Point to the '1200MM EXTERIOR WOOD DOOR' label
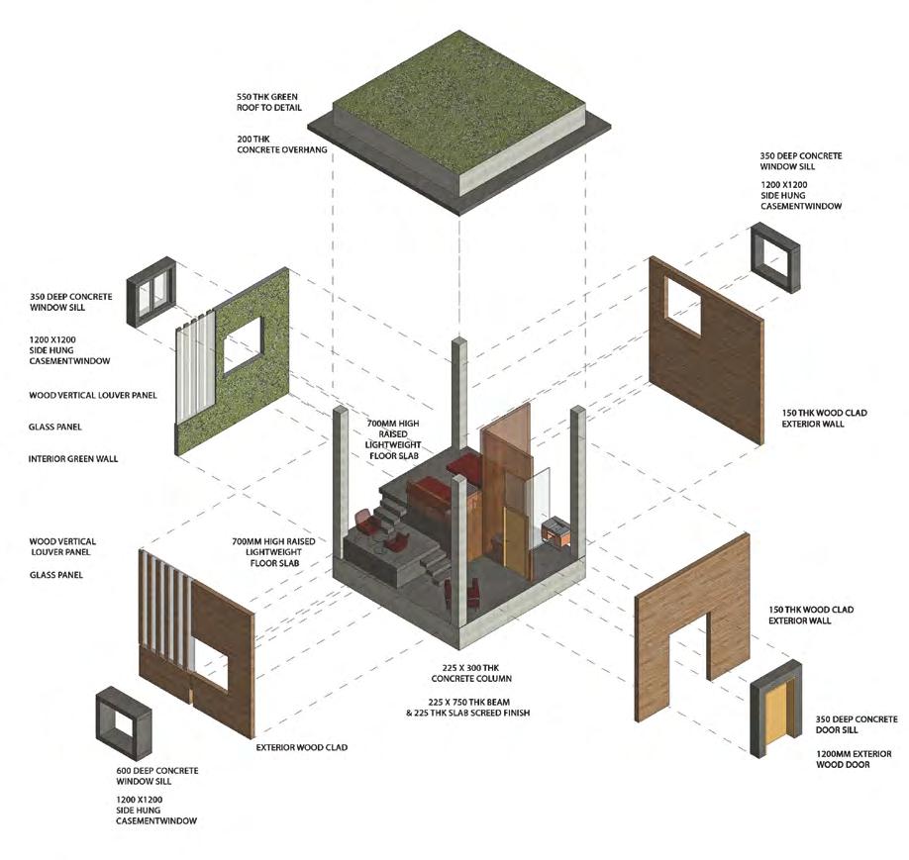816,759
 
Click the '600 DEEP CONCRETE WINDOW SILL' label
157,776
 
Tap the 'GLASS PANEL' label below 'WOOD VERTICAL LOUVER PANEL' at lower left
55,574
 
